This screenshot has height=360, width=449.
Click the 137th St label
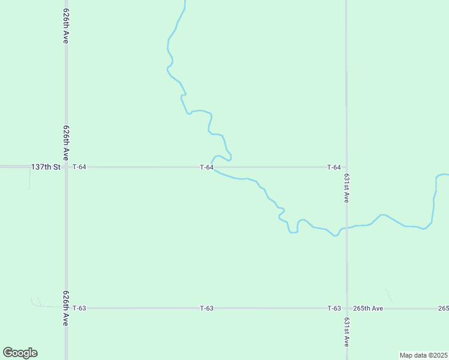coord(46,167)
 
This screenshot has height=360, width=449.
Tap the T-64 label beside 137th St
coord(79,167)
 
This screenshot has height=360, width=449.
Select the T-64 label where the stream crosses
coord(206,167)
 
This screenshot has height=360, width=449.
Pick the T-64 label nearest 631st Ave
coord(334,167)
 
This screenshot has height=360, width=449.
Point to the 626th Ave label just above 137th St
coord(67,143)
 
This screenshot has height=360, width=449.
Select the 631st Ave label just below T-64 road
coord(347,188)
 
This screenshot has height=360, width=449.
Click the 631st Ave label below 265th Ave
coord(347,332)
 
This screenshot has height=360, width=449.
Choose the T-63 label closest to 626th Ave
coord(79,308)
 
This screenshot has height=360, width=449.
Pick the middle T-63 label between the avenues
coord(206,308)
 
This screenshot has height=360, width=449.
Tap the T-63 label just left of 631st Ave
coord(334,308)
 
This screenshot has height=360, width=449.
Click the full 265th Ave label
coord(368,308)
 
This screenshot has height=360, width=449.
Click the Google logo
coord(20,353)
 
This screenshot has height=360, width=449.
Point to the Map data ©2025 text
coord(423,355)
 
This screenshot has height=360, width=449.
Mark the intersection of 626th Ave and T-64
coord(66,167)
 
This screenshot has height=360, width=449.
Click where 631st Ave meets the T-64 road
coord(346,167)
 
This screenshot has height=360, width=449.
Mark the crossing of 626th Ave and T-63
coord(66,308)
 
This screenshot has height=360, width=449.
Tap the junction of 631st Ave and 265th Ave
coord(346,308)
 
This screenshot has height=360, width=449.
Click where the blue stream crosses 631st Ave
coord(346,228)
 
